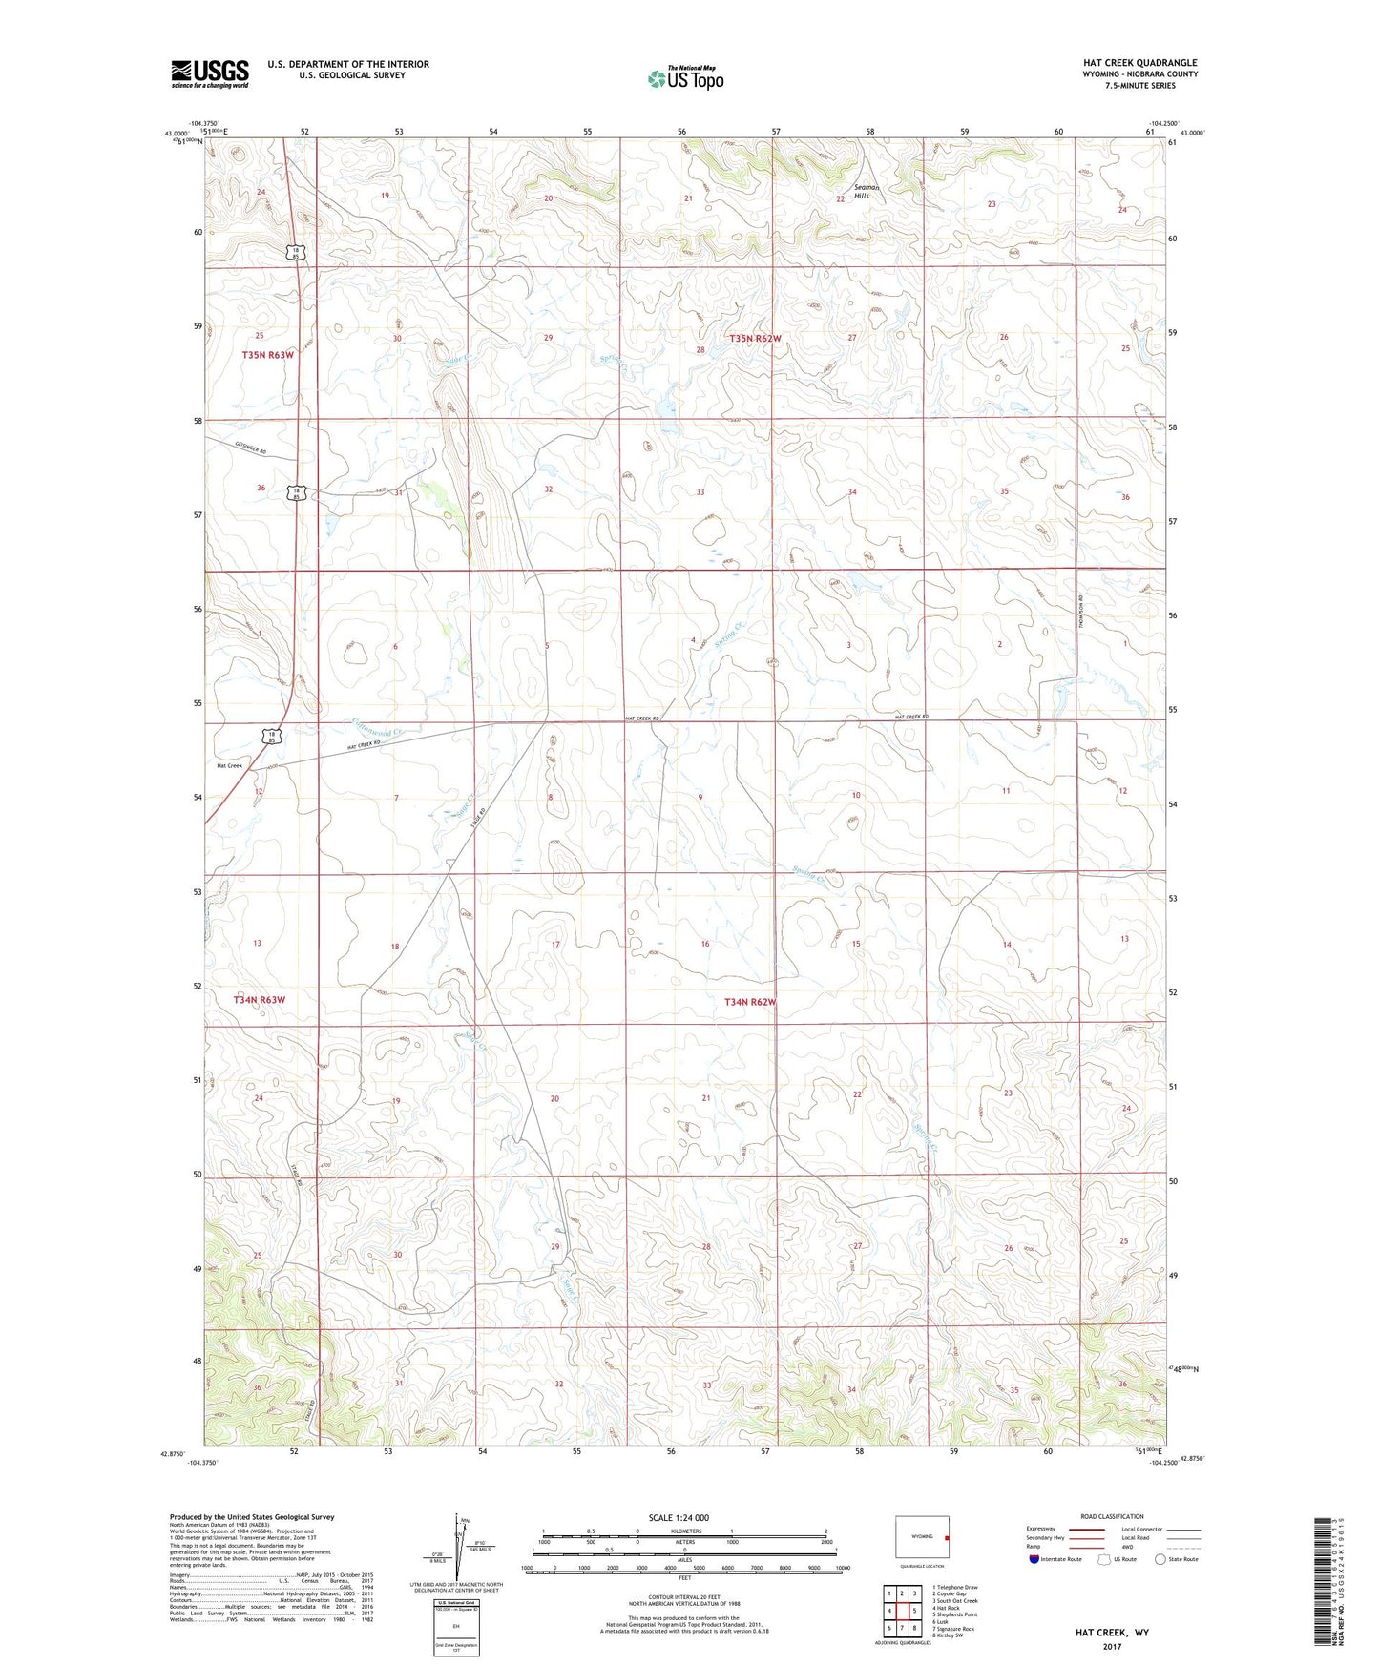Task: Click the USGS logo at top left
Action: [x=210, y=73]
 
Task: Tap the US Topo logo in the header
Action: [x=685, y=78]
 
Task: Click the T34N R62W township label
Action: [x=750, y=1002]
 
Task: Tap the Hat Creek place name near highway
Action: [x=229, y=765]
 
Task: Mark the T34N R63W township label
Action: [x=260, y=999]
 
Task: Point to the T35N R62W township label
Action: [x=755, y=338]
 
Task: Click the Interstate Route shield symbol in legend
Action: [x=1034, y=1559]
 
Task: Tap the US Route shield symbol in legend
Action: [x=1105, y=1559]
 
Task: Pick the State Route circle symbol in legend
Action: [x=1160, y=1559]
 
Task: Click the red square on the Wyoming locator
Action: [x=945, y=1538]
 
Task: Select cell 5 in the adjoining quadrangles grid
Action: [x=913, y=1611]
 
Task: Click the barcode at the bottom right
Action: [x=1321, y=1583]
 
